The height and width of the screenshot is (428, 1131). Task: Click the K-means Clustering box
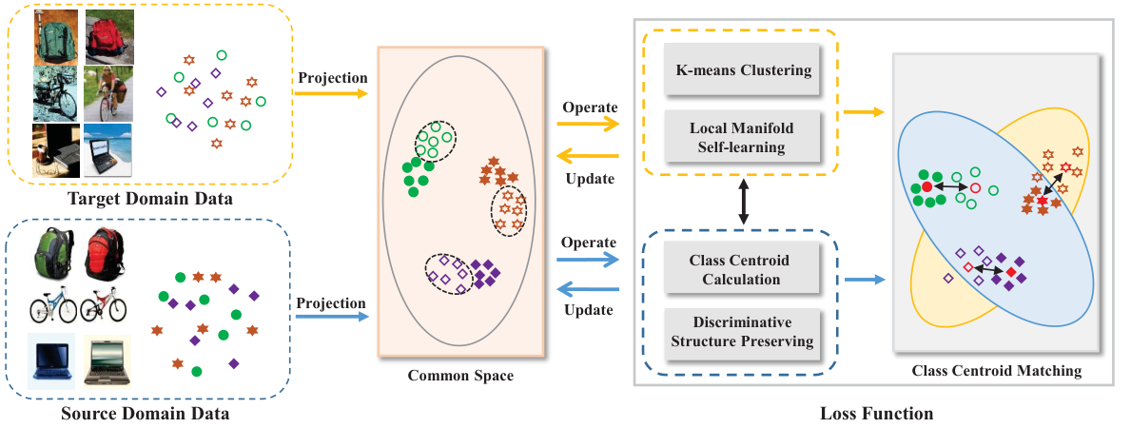pos(743,70)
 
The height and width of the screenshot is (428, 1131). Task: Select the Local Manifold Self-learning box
pos(743,138)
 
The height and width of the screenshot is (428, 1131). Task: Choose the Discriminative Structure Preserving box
pos(742,332)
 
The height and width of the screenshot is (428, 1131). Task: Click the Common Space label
pos(460,376)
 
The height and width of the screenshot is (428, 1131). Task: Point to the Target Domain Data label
pos(149,199)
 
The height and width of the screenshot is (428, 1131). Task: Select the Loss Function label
pos(876,414)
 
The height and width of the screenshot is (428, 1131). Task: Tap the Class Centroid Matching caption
pos(997,371)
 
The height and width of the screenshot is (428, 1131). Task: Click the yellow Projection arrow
pos(331,93)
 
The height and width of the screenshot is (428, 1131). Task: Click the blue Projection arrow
pos(331,317)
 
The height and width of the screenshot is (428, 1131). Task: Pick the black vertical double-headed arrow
pos(742,203)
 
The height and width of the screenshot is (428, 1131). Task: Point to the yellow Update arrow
pos(589,155)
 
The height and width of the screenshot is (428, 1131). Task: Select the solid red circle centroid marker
pos(926,187)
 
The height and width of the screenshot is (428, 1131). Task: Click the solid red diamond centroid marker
pos(1011,271)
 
